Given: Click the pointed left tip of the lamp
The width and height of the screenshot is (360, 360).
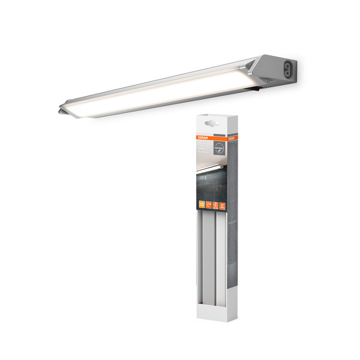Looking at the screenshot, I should pos(61,110).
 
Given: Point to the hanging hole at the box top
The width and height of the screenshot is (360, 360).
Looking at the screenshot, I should pos(210,122).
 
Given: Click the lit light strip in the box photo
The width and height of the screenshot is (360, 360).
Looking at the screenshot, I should pos(210,170).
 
